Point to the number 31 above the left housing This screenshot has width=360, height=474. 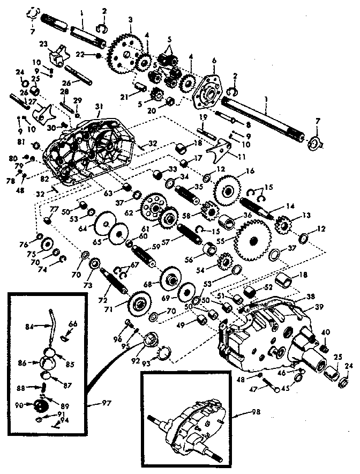pos(99,106)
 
